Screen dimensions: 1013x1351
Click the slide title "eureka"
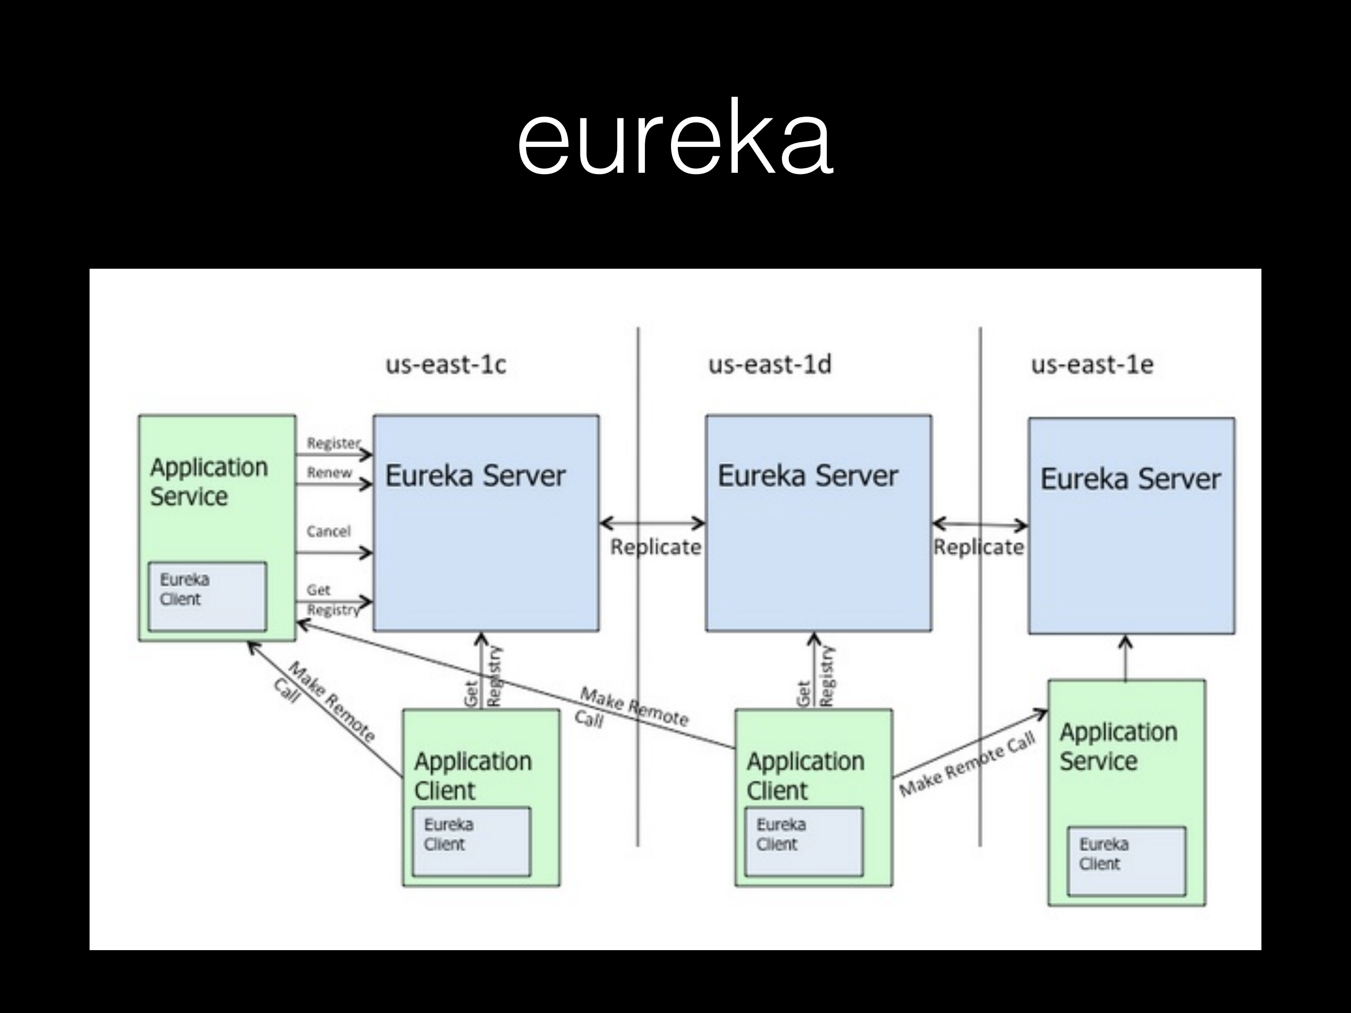point(675,138)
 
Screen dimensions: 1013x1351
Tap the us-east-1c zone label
point(446,365)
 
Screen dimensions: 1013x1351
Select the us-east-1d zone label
point(770,365)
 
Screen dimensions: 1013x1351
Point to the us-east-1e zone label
point(1092,365)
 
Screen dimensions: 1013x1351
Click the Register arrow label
point(334,443)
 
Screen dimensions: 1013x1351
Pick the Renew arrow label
point(329,473)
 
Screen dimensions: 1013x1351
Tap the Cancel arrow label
point(329,531)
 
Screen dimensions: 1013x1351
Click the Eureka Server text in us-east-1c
point(475,476)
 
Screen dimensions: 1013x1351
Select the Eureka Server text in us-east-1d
point(808,476)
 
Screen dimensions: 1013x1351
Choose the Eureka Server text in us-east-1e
point(1130,479)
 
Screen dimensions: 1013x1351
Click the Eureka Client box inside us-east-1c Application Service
point(208,596)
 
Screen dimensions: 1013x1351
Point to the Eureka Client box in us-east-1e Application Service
point(1126,861)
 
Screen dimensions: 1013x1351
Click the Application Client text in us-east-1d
point(805,775)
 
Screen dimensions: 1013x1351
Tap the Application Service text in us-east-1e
point(1118,746)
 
